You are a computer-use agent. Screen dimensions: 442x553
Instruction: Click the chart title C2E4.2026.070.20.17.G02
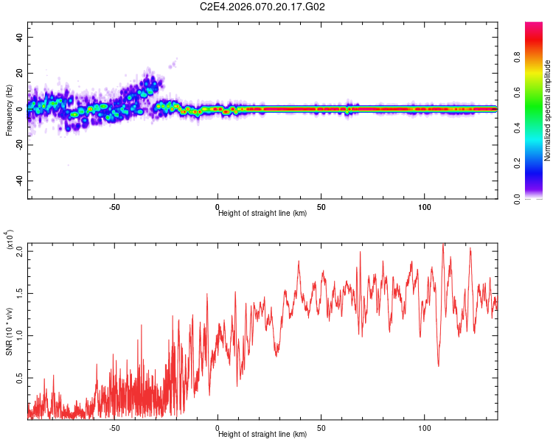coord(263,7)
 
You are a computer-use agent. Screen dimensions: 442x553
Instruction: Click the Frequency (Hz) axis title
coord(9,109)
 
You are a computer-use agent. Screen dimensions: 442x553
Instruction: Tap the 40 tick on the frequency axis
coord(20,38)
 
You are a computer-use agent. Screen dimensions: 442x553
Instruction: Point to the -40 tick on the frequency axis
coord(18,181)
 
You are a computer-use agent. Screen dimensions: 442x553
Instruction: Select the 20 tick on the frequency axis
coord(20,74)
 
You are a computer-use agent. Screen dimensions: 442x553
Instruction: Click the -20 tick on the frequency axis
coord(18,145)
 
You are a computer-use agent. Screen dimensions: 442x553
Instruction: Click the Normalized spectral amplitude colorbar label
coord(547,110)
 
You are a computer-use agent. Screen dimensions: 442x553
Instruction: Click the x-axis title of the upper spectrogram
coord(262,214)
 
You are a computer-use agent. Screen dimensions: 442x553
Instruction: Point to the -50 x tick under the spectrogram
coord(114,208)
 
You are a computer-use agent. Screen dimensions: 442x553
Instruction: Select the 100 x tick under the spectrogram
coord(425,208)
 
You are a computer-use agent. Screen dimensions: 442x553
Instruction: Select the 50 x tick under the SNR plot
coord(321,428)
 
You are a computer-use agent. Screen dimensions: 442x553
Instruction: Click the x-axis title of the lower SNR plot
coord(262,434)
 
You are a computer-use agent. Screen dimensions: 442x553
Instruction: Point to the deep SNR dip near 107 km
coord(439,365)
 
